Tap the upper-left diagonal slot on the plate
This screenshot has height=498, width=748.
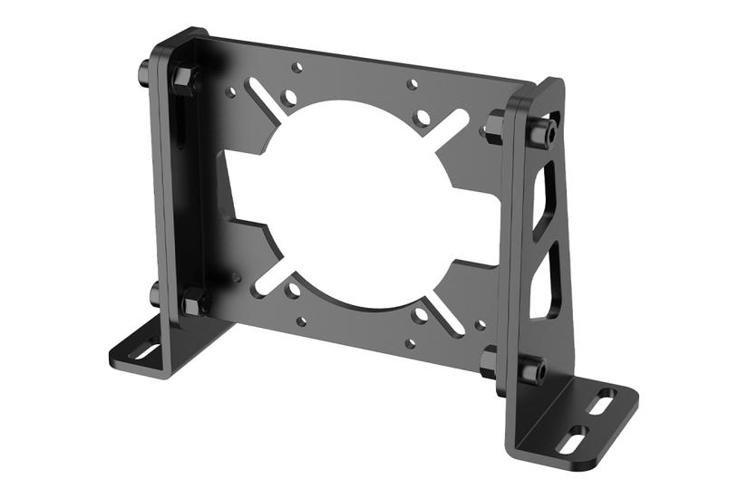266,101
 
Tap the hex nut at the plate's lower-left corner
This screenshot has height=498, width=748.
193,302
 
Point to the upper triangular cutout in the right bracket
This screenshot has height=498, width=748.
544,205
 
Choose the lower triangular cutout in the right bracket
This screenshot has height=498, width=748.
543,289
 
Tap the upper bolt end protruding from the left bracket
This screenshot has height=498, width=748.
144,69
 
